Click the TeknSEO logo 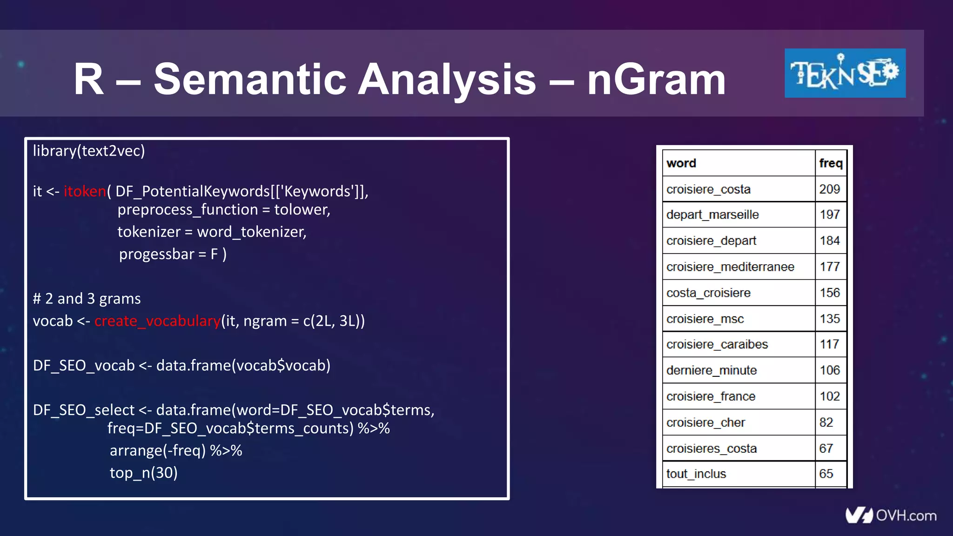pyautogui.click(x=845, y=73)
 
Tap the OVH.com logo pyautogui.click(x=891, y=515)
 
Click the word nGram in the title pyautogui.click(x=656, y=79)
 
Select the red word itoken pyautogui.click(x=85, y=191)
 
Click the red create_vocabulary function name pyautogui.click(x=157, y=321)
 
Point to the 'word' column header pyautogui.click(x=681, y=163)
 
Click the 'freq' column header pyautogui.click(x=831, y=163)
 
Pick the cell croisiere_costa pyautogui.click(x=708, y=189)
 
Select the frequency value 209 pyautogui.click(x=829, y=189)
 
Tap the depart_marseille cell pyautogui.click(x=712, y=214)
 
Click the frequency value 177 pyautogui.click(x=829, y=267)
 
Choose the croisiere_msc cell pyautogui.click(x=705, y=319)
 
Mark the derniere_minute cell pyautogui.click(x=711, y=370)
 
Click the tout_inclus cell pyautogui.click(x=696, y=474)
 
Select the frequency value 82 pyautogui.click(x=826, y=422)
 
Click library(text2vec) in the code pyautogui.click(x=89, y=151)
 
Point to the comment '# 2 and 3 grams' pyautogui.click(x=87, y=299)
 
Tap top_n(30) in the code pyautogui.click(x=143, y=473)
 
